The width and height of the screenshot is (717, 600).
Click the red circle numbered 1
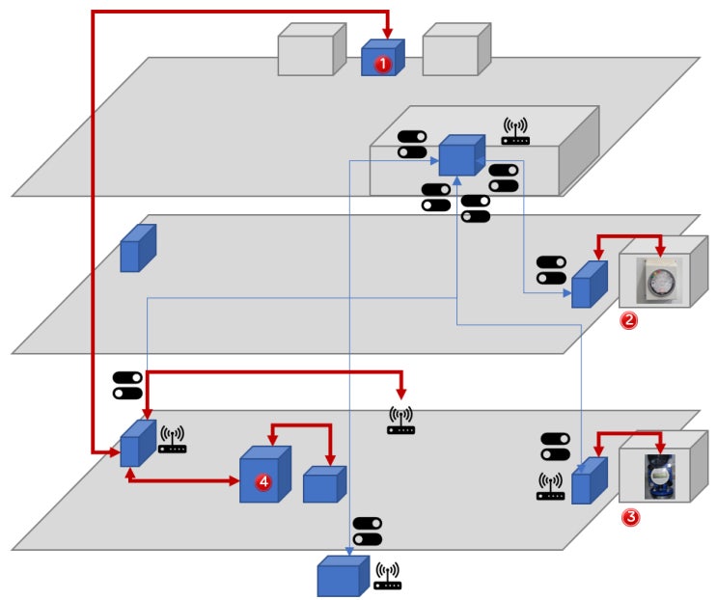[383, 64]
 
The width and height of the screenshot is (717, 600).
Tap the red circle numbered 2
[629, 320]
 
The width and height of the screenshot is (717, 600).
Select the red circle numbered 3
[630, 517]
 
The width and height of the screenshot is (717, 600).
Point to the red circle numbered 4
[263, 481]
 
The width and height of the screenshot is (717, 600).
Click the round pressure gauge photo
[659, 280]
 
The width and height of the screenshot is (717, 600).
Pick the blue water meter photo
[660, 477]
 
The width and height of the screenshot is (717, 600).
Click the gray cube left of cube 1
[312, 49]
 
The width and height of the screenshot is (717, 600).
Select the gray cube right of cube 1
[456, 49]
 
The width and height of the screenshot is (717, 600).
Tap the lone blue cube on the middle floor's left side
[138, 248]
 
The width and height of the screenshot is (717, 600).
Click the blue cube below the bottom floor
[343, 576]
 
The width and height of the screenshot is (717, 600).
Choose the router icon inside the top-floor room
[515, 131]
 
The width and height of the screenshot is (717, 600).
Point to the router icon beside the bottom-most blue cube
[387, 576]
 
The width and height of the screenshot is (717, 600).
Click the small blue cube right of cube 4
[324, 484]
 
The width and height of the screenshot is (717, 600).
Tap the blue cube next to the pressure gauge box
[590, 285]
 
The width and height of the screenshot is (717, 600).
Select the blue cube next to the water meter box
[590, 480]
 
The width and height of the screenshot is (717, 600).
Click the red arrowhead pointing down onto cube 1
[387, 34]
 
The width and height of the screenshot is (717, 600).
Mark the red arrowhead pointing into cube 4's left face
[234, 480]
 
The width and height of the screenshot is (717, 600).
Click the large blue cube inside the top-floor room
[462, 155]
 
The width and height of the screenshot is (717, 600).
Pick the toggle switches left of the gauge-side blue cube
[551, 270]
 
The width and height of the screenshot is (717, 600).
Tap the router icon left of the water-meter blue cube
[550, 486]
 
